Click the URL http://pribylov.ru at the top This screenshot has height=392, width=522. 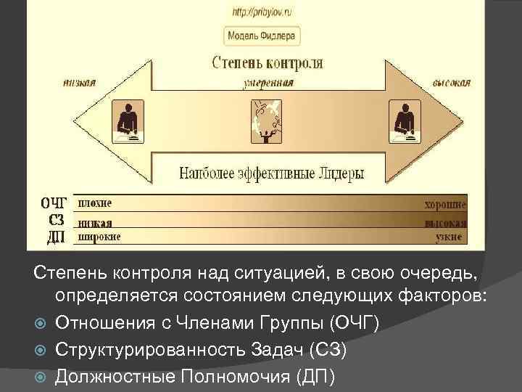tap(262, 12)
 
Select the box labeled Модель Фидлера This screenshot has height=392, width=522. tap(262, 36)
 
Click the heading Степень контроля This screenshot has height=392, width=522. tap(268, 63)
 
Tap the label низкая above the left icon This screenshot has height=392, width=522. tap(79, 83)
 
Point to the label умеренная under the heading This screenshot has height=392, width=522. tap(268, 83)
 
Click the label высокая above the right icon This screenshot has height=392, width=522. tap(451, 83)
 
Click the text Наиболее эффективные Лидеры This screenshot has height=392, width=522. tap(272, 173)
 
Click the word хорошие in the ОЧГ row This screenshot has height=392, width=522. tap(445, 205)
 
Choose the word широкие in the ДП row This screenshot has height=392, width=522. tap(99, 237)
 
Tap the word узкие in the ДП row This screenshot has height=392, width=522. tap(450, 237)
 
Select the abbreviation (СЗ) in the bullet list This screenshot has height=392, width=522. tap(328, 350)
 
